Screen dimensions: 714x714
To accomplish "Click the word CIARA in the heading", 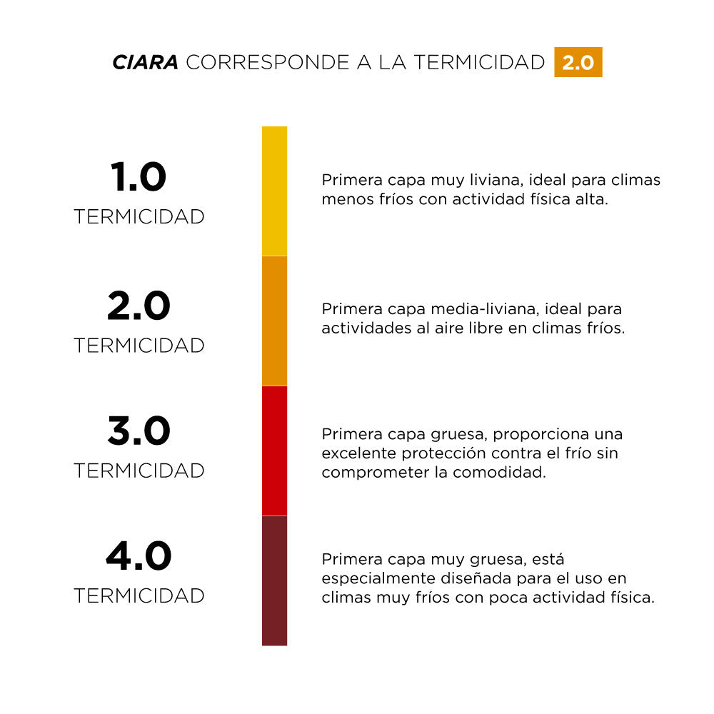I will [145, 62].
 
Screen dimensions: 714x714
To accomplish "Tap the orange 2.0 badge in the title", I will [578, 62].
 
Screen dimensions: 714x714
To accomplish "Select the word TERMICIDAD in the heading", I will [479, 62].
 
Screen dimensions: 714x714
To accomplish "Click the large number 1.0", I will [139, 177].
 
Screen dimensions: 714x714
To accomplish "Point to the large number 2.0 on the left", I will [139, 306].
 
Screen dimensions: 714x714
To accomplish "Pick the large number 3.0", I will [139, 431].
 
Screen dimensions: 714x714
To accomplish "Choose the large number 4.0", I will [139, 557].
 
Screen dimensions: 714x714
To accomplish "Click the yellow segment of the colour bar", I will [274, 191].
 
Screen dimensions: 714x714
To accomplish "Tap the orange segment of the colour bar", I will [274, 321].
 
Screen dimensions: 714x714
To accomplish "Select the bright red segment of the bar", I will [274, 451].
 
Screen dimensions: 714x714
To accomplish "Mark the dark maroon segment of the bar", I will [274, 580].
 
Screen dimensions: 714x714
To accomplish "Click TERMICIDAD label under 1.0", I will [139, 217].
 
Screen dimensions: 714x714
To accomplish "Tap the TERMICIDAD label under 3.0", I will [139, 471].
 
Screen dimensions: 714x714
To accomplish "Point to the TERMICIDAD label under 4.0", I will [139, 595].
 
